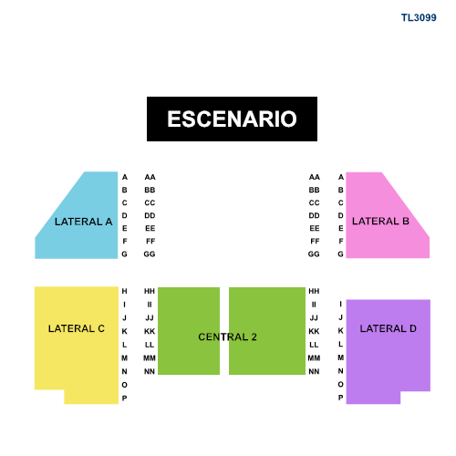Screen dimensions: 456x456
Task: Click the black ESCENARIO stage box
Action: pos(232,119)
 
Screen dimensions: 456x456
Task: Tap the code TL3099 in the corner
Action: pos(419,17)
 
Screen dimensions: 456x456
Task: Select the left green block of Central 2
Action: pos(189,331)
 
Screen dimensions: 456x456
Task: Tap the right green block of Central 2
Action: pos(267,331)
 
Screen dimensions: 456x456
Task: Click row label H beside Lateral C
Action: pos(124,291)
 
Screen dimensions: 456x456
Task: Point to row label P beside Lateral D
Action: pos(341,398)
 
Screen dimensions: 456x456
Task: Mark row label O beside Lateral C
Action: pos(124,385)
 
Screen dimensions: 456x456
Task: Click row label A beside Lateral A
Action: pos(125,177)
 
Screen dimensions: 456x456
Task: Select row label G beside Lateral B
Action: pos(341,254)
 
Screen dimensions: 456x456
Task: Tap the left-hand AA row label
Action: pos(150,177)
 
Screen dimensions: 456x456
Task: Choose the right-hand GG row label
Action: pos(314,254)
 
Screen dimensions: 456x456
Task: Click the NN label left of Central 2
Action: pos(150,371)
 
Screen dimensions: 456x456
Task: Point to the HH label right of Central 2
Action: pos(314,291)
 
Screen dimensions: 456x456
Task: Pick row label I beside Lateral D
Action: pos(341,304)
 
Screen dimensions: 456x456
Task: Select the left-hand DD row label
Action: pos(150,215)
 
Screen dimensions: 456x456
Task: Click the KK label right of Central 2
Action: pos(314,331)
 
